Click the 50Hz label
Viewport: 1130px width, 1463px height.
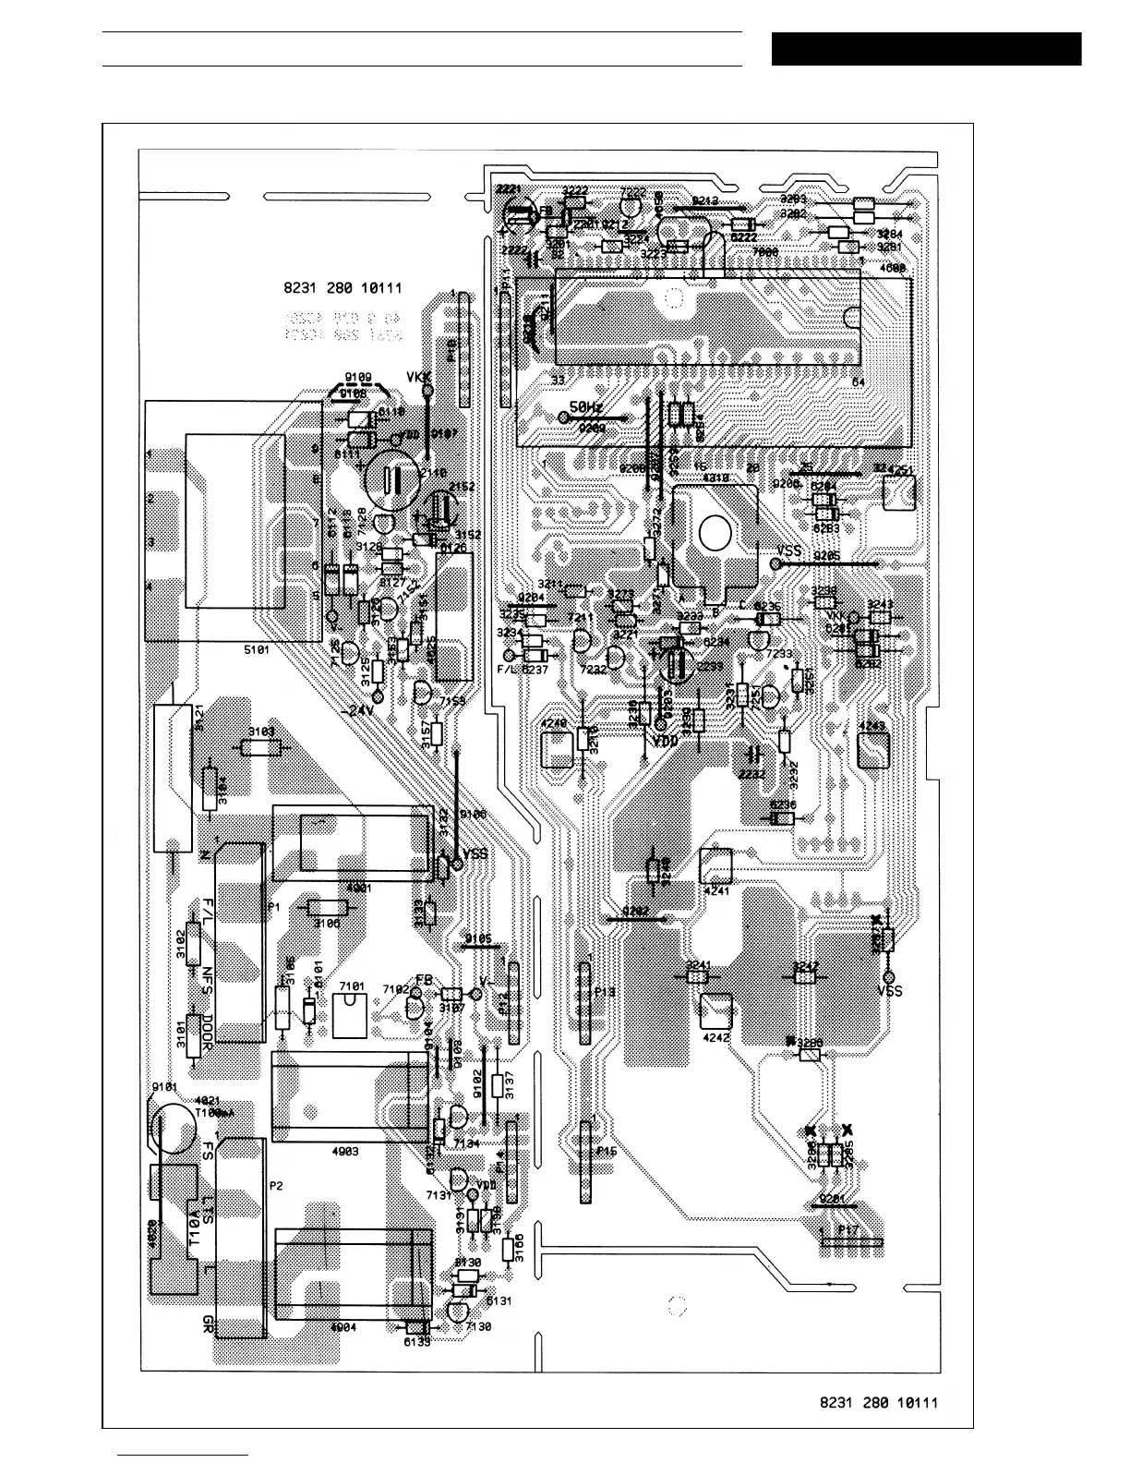coord(586,406)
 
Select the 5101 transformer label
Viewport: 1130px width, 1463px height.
coord(257,650)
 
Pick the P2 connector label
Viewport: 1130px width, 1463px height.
coord(275,1186)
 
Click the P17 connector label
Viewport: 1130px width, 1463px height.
coord(848,1230)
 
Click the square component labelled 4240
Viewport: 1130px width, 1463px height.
coord(557,748)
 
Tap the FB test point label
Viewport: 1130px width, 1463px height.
coord(424,979)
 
